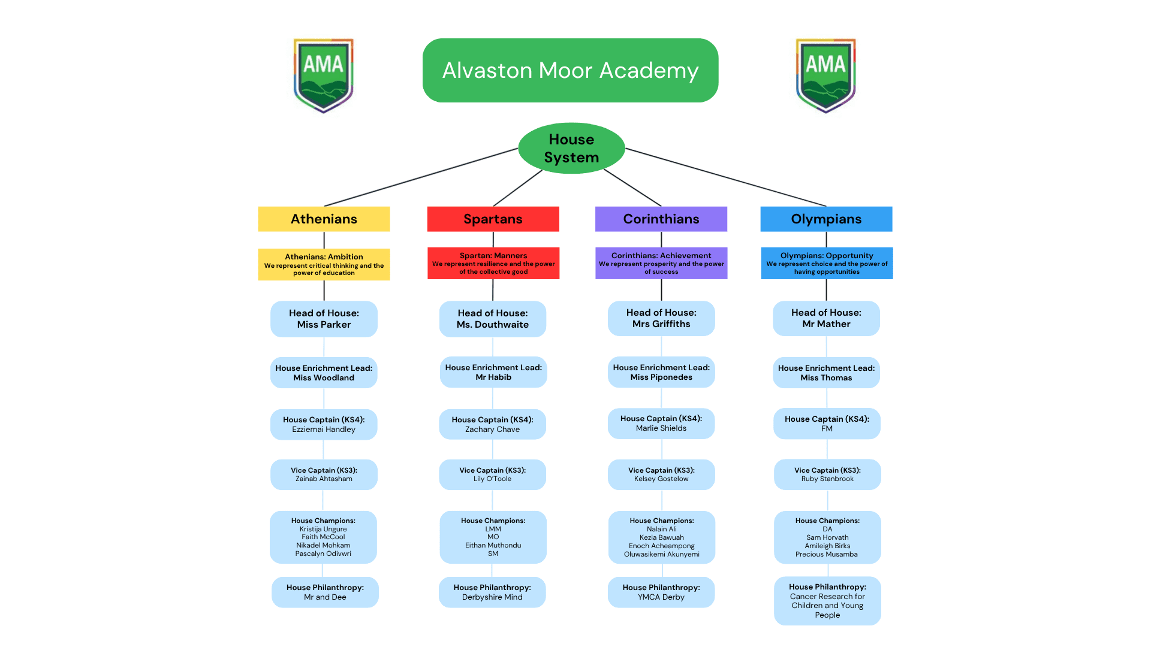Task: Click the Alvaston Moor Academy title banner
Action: coord(570,70)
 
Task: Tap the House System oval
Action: coord(571,148)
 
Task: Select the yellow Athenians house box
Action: coord(324,219)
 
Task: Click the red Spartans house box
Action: coord(493,219)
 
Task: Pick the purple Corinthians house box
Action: coord(661,219)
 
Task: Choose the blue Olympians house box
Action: coord(826,219)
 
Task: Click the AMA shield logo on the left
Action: coord(323,75)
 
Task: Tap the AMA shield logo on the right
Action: coord(825,75)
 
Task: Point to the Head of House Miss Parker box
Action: coord(324,319)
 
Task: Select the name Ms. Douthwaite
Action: coord(493,325)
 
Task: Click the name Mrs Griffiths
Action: coord(661,324)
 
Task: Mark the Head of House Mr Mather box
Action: coord(826,318)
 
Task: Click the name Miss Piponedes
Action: coord(661,377)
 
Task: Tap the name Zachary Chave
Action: coord(493,430)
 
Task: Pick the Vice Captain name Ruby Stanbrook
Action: coord(827,479)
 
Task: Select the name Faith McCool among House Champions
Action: coord(323,537)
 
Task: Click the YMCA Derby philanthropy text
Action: coord(661,597)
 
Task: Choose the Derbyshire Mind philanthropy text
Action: coord(492,597)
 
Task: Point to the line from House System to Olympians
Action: coord(725,177)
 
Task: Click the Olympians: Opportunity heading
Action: coord(827,256)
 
